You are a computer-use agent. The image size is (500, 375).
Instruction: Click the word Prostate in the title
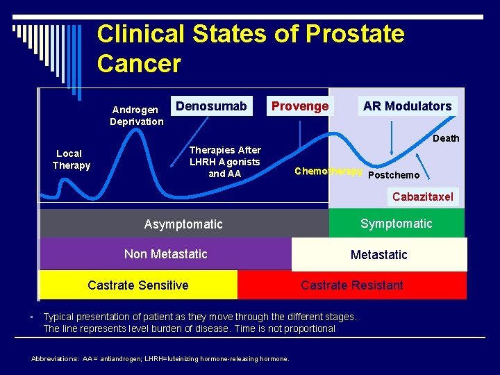[354, 33]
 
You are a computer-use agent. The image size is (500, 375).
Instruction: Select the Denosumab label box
[211, 106]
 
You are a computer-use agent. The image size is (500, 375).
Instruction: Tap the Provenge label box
[299, 106]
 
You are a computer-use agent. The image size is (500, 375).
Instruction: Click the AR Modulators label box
[407, 106]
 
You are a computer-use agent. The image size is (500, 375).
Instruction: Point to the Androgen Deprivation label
[136, 115]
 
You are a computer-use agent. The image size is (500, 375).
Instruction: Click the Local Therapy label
[71, 159]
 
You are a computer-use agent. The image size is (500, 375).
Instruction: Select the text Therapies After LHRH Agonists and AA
[225, 161]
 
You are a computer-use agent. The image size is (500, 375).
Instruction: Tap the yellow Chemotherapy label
[328, 171]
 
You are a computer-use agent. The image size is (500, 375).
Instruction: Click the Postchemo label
[394, 175]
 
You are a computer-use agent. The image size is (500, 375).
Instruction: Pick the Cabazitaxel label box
[422, 197]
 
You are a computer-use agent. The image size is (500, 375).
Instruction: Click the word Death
[446, 138]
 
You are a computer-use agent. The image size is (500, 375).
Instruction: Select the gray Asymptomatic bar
[183, 224]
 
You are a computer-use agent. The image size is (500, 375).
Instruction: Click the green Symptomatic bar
[396, 224]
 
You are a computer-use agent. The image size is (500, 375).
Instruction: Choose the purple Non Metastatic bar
[165, 254]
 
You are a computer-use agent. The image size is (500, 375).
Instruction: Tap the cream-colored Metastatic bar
[379, 255]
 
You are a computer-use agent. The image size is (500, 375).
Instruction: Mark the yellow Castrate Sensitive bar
[138, 285]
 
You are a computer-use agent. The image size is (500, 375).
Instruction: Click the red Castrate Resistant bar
[351, 285]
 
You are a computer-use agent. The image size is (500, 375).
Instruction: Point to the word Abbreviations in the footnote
[55, 359]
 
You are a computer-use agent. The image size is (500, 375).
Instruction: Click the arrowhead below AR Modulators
[392, 151]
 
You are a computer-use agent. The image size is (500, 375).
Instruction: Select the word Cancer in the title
[139, 64]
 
